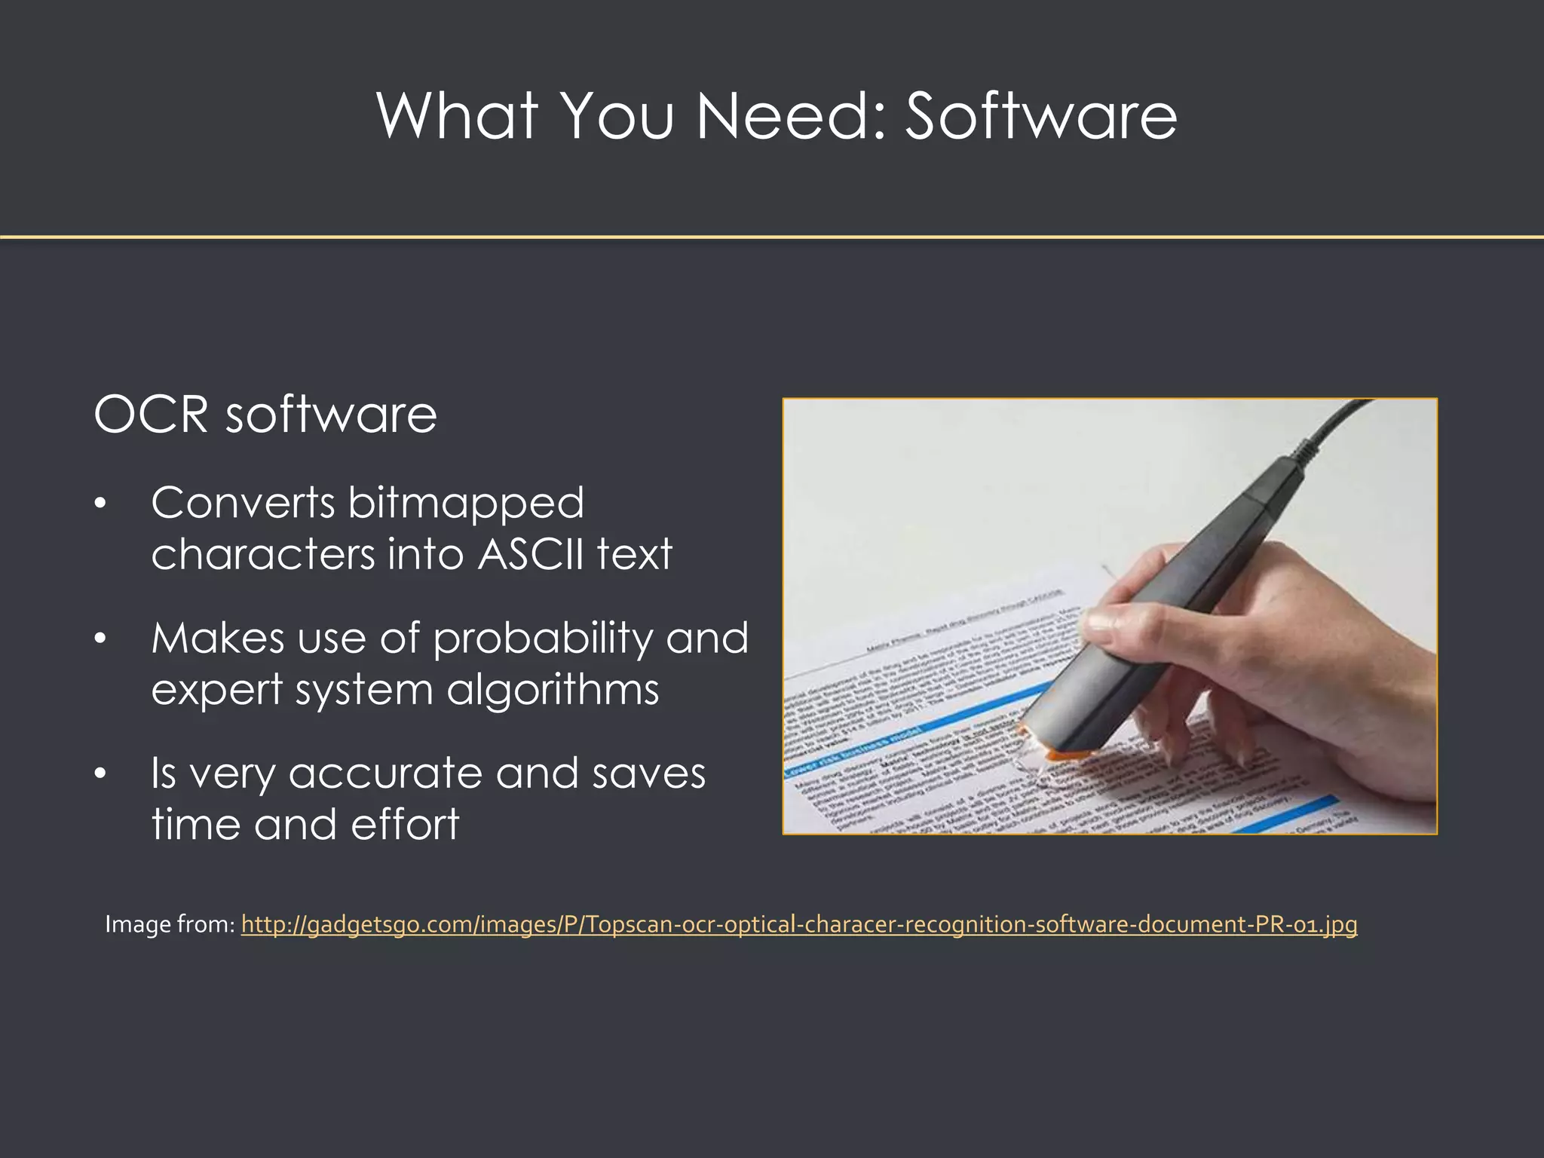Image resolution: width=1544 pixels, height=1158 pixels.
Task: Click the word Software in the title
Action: tap(1040, 117)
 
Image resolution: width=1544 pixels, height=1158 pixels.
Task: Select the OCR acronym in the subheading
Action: tap(151, 415)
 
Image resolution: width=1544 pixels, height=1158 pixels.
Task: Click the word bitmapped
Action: tap(465, 504)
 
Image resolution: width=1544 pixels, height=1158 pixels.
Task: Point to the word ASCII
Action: tap(531, 555)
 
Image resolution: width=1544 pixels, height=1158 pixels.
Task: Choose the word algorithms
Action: tap(553, 690)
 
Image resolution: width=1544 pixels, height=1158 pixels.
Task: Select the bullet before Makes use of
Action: tap(100, 639)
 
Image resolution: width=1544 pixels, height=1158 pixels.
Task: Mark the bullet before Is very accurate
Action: tap(100, 774)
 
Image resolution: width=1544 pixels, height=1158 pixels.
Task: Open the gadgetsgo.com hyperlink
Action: tap(799, 924)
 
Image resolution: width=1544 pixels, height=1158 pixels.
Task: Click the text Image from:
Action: tap(170, 924)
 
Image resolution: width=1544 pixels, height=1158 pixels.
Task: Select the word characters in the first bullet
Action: tap(262, 555)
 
